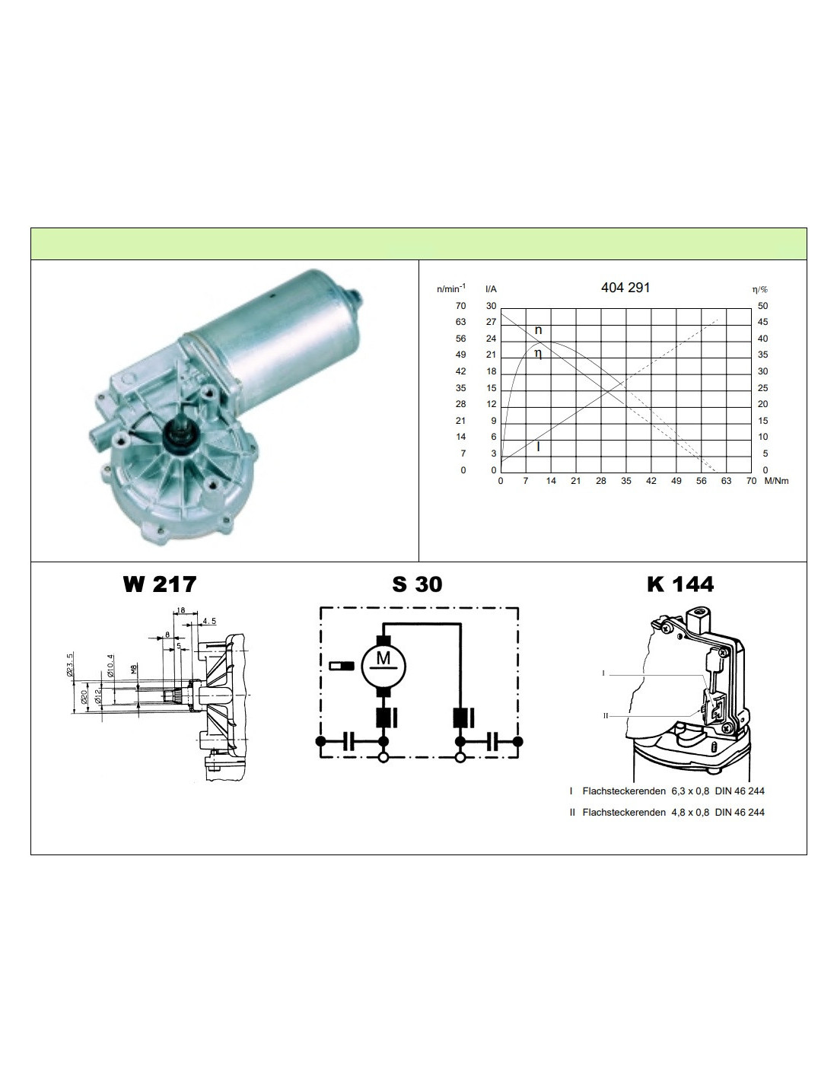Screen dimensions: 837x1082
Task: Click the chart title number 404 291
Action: coord(625,288)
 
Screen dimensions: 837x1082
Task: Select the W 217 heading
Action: coord(160,584)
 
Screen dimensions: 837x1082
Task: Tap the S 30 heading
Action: coord(417,584)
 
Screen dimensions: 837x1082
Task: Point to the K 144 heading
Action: coord(680,584)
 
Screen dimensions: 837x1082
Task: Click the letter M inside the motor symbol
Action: coord(383,658)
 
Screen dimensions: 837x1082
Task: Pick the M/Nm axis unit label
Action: coord(776,481)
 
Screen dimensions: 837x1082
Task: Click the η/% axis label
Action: coord(760,290)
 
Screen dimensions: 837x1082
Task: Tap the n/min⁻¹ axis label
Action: coord(451,288)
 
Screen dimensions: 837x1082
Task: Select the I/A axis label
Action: coord(491,289)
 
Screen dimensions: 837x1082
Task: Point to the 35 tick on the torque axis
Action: coord(626,481)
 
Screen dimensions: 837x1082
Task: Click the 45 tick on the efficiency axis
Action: coord(762,322)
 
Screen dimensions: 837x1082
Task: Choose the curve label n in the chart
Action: coord(538,330)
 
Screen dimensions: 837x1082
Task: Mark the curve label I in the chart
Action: coord(538,447)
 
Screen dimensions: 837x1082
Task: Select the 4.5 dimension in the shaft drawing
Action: coord(209,621)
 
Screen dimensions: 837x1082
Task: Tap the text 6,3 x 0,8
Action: coord(690,791)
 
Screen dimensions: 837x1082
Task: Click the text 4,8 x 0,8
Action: coord(690,812)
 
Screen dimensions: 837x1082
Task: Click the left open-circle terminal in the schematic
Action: coord(383,758)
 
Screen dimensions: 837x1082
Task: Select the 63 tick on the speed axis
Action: coord(460,322)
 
